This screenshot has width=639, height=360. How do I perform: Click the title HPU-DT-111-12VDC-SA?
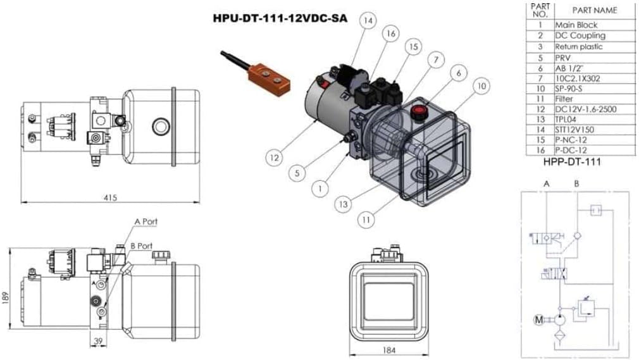(280, 18)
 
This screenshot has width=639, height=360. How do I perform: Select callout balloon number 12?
(273, 156)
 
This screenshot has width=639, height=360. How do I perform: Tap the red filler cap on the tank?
(418, 113)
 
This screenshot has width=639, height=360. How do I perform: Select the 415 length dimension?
(110, 198)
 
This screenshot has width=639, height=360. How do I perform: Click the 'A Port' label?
(146, 221)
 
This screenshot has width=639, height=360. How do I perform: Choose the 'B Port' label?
(141, 245)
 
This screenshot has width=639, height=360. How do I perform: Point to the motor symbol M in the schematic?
(538, 320)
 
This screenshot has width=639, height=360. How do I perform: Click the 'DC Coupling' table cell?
(580, 35)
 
